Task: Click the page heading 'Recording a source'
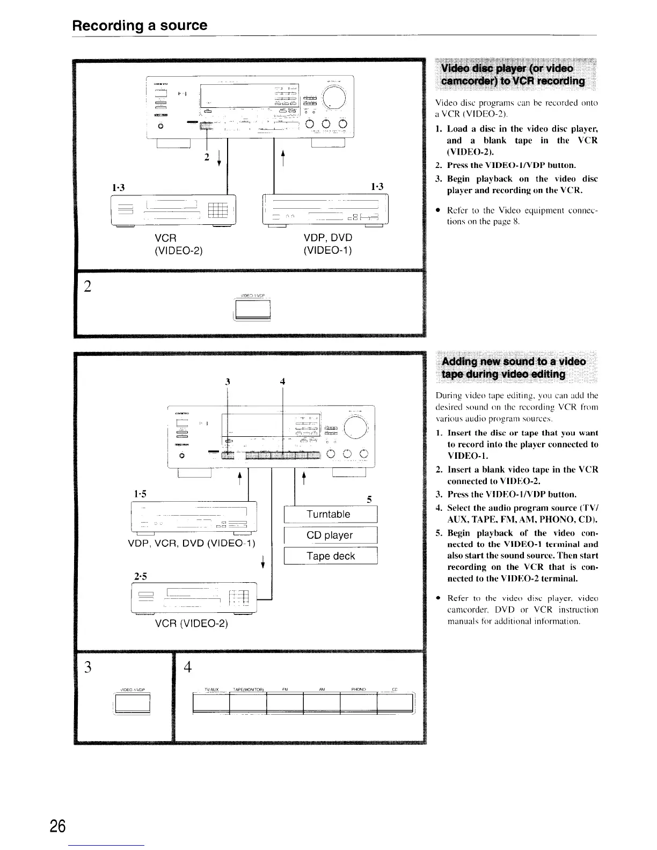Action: (x=140, y=25)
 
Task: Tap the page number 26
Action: (x=57, y=827)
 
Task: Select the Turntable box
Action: (x=328, y=514)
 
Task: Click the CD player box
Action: (x=330, y=535)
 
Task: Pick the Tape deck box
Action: (x=330, y=556)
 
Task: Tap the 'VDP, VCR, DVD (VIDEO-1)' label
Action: (x=191, y=543)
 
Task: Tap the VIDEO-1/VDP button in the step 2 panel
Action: (x=252, y=309)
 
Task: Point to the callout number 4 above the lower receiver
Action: (x=282, y=382)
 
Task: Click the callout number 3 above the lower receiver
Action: (x=228, y=382)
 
